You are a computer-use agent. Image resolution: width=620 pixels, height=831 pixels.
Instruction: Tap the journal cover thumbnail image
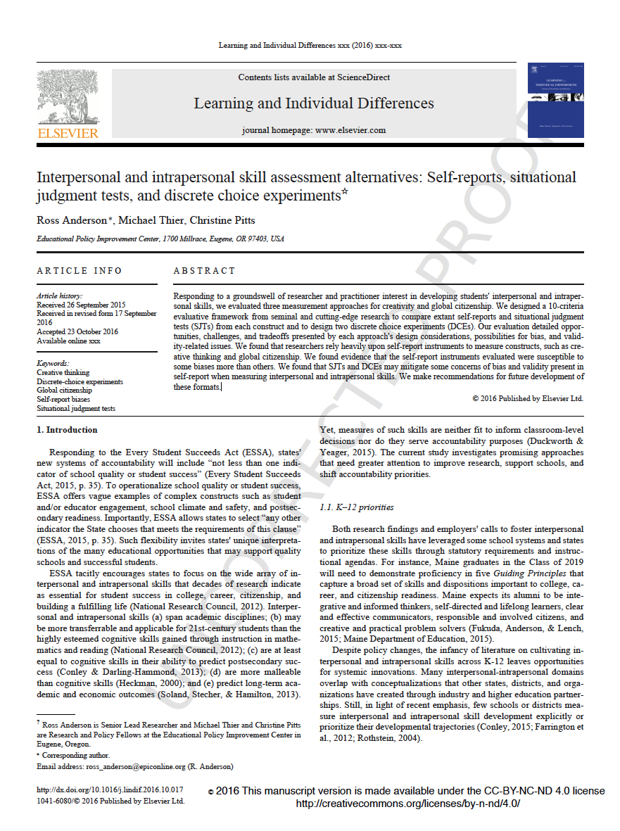pyautogui.click(x=555, y=100)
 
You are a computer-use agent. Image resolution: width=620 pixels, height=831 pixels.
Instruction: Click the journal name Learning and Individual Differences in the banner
pyautogui.click(x=314, y=104)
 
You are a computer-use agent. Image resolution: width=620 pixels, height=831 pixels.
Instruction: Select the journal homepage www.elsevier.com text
pyautogui.click(x=314, y=130)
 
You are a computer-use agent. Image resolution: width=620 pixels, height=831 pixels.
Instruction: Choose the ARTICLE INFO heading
pyautogui.click(x=80, y=271)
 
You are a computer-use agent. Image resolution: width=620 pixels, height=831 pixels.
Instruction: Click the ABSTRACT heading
pyautogui.click(x=204, y=271)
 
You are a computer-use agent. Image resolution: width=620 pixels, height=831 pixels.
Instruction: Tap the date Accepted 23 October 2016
pyautogui.click(x=77, y=331)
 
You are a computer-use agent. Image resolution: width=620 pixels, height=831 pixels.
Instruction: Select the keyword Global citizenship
pyautogui.click(x=65, y=390)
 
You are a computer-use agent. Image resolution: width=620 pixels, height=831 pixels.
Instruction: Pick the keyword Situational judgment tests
pyautogui.click(x=76, y=408)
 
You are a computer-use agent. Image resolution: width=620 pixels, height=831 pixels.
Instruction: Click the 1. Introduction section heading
pyautogui.click(x=67, y=430)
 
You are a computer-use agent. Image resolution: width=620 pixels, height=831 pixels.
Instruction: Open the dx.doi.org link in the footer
pyautogui.click(x=110, y=791)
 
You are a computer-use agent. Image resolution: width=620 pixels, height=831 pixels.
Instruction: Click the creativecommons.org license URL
pyautogui.click(x=407, y=804)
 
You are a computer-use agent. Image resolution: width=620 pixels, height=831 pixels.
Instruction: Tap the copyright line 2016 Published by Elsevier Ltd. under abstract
pyautogui.click(x=528, y=398)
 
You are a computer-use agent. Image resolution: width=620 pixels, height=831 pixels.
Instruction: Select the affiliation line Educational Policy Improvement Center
pyautogui.click(x=160, y=239)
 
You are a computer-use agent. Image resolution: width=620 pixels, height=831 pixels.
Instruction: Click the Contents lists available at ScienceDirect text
pyautogui.click(x=314, y=77)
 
